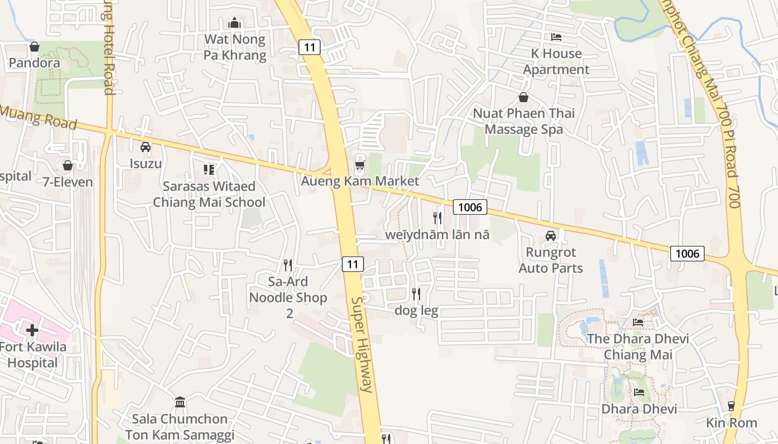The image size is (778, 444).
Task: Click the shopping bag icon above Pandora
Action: (34, 47)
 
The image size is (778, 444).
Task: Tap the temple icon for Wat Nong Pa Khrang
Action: (235, 23)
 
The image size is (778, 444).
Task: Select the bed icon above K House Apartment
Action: (556, 37)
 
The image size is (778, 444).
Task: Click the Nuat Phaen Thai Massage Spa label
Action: (523, 121)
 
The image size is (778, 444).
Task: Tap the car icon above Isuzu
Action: (146, 147)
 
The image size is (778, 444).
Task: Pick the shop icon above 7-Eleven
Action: (68, 165)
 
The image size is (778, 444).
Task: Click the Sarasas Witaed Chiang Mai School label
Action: (209, 194)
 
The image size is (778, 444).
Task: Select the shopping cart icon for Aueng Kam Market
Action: (360, 165)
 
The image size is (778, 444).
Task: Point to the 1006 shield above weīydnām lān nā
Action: (470, 208)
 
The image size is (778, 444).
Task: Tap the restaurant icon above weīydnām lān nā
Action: (437, 218)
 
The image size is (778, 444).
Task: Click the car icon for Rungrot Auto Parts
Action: (550, 236)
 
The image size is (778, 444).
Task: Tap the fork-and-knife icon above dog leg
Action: (416, 294)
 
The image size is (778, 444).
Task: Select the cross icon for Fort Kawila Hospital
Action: (32, 330)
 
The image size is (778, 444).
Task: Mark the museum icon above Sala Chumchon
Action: (180, 402)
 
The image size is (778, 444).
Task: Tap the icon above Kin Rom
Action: (731, 406)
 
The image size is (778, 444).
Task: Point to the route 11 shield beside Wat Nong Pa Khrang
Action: (310, 47)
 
